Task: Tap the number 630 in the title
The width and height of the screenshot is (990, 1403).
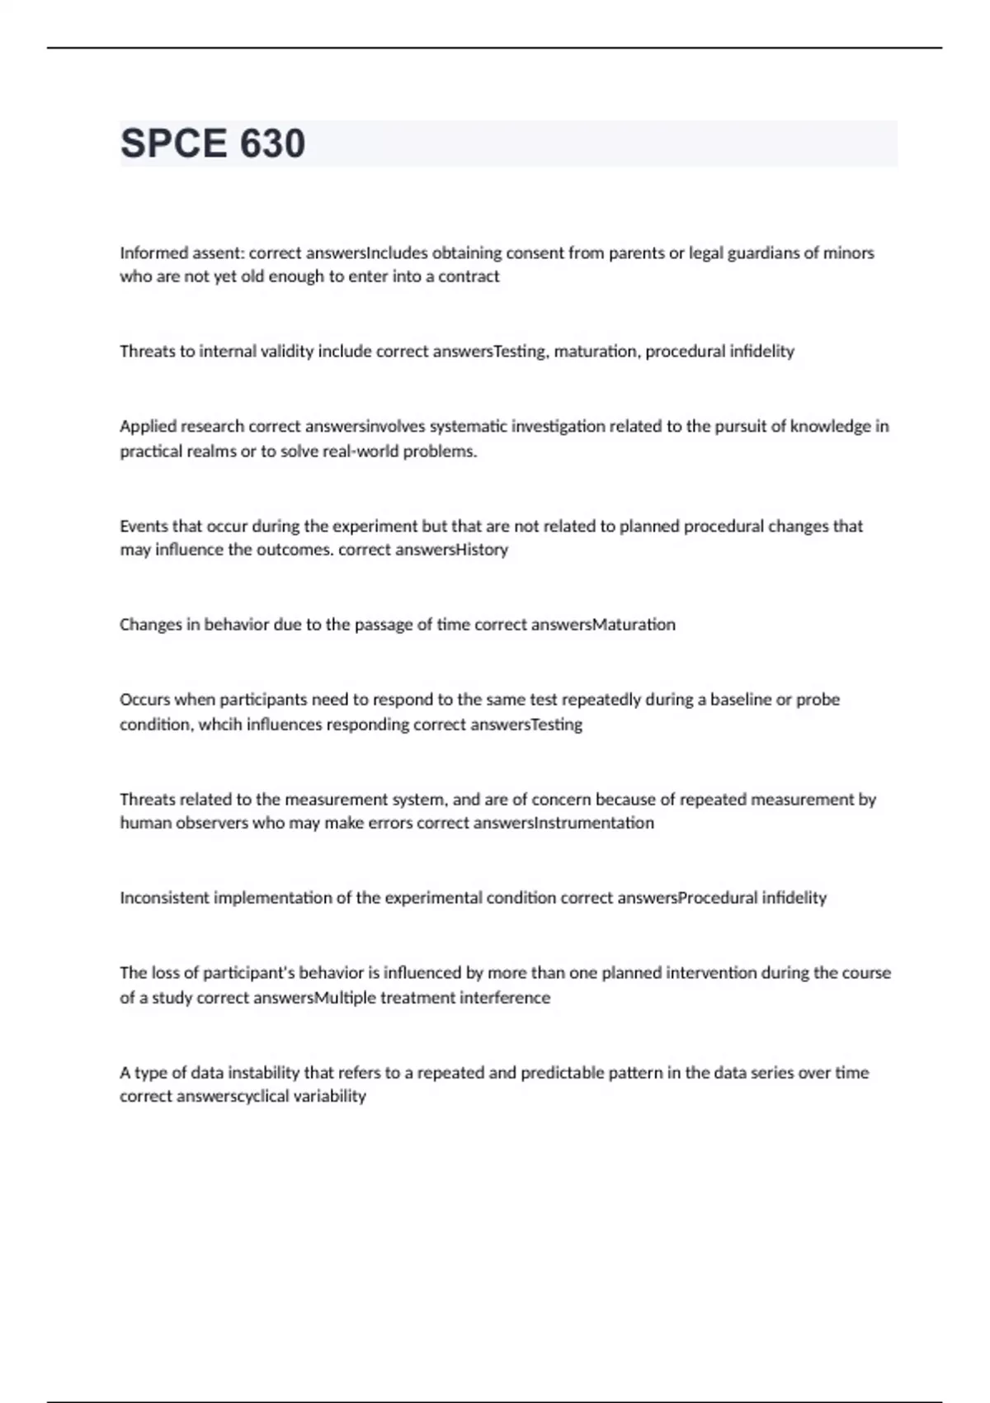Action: pos(272,144)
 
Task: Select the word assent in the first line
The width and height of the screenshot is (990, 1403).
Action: pos(216,253)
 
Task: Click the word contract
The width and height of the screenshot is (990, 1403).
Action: pos(469,276)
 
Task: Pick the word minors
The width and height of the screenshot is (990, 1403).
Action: pos(848,253)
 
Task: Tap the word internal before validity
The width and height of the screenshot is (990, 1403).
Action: pos(228,352)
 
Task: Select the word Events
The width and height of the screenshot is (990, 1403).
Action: pos(144,527)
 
